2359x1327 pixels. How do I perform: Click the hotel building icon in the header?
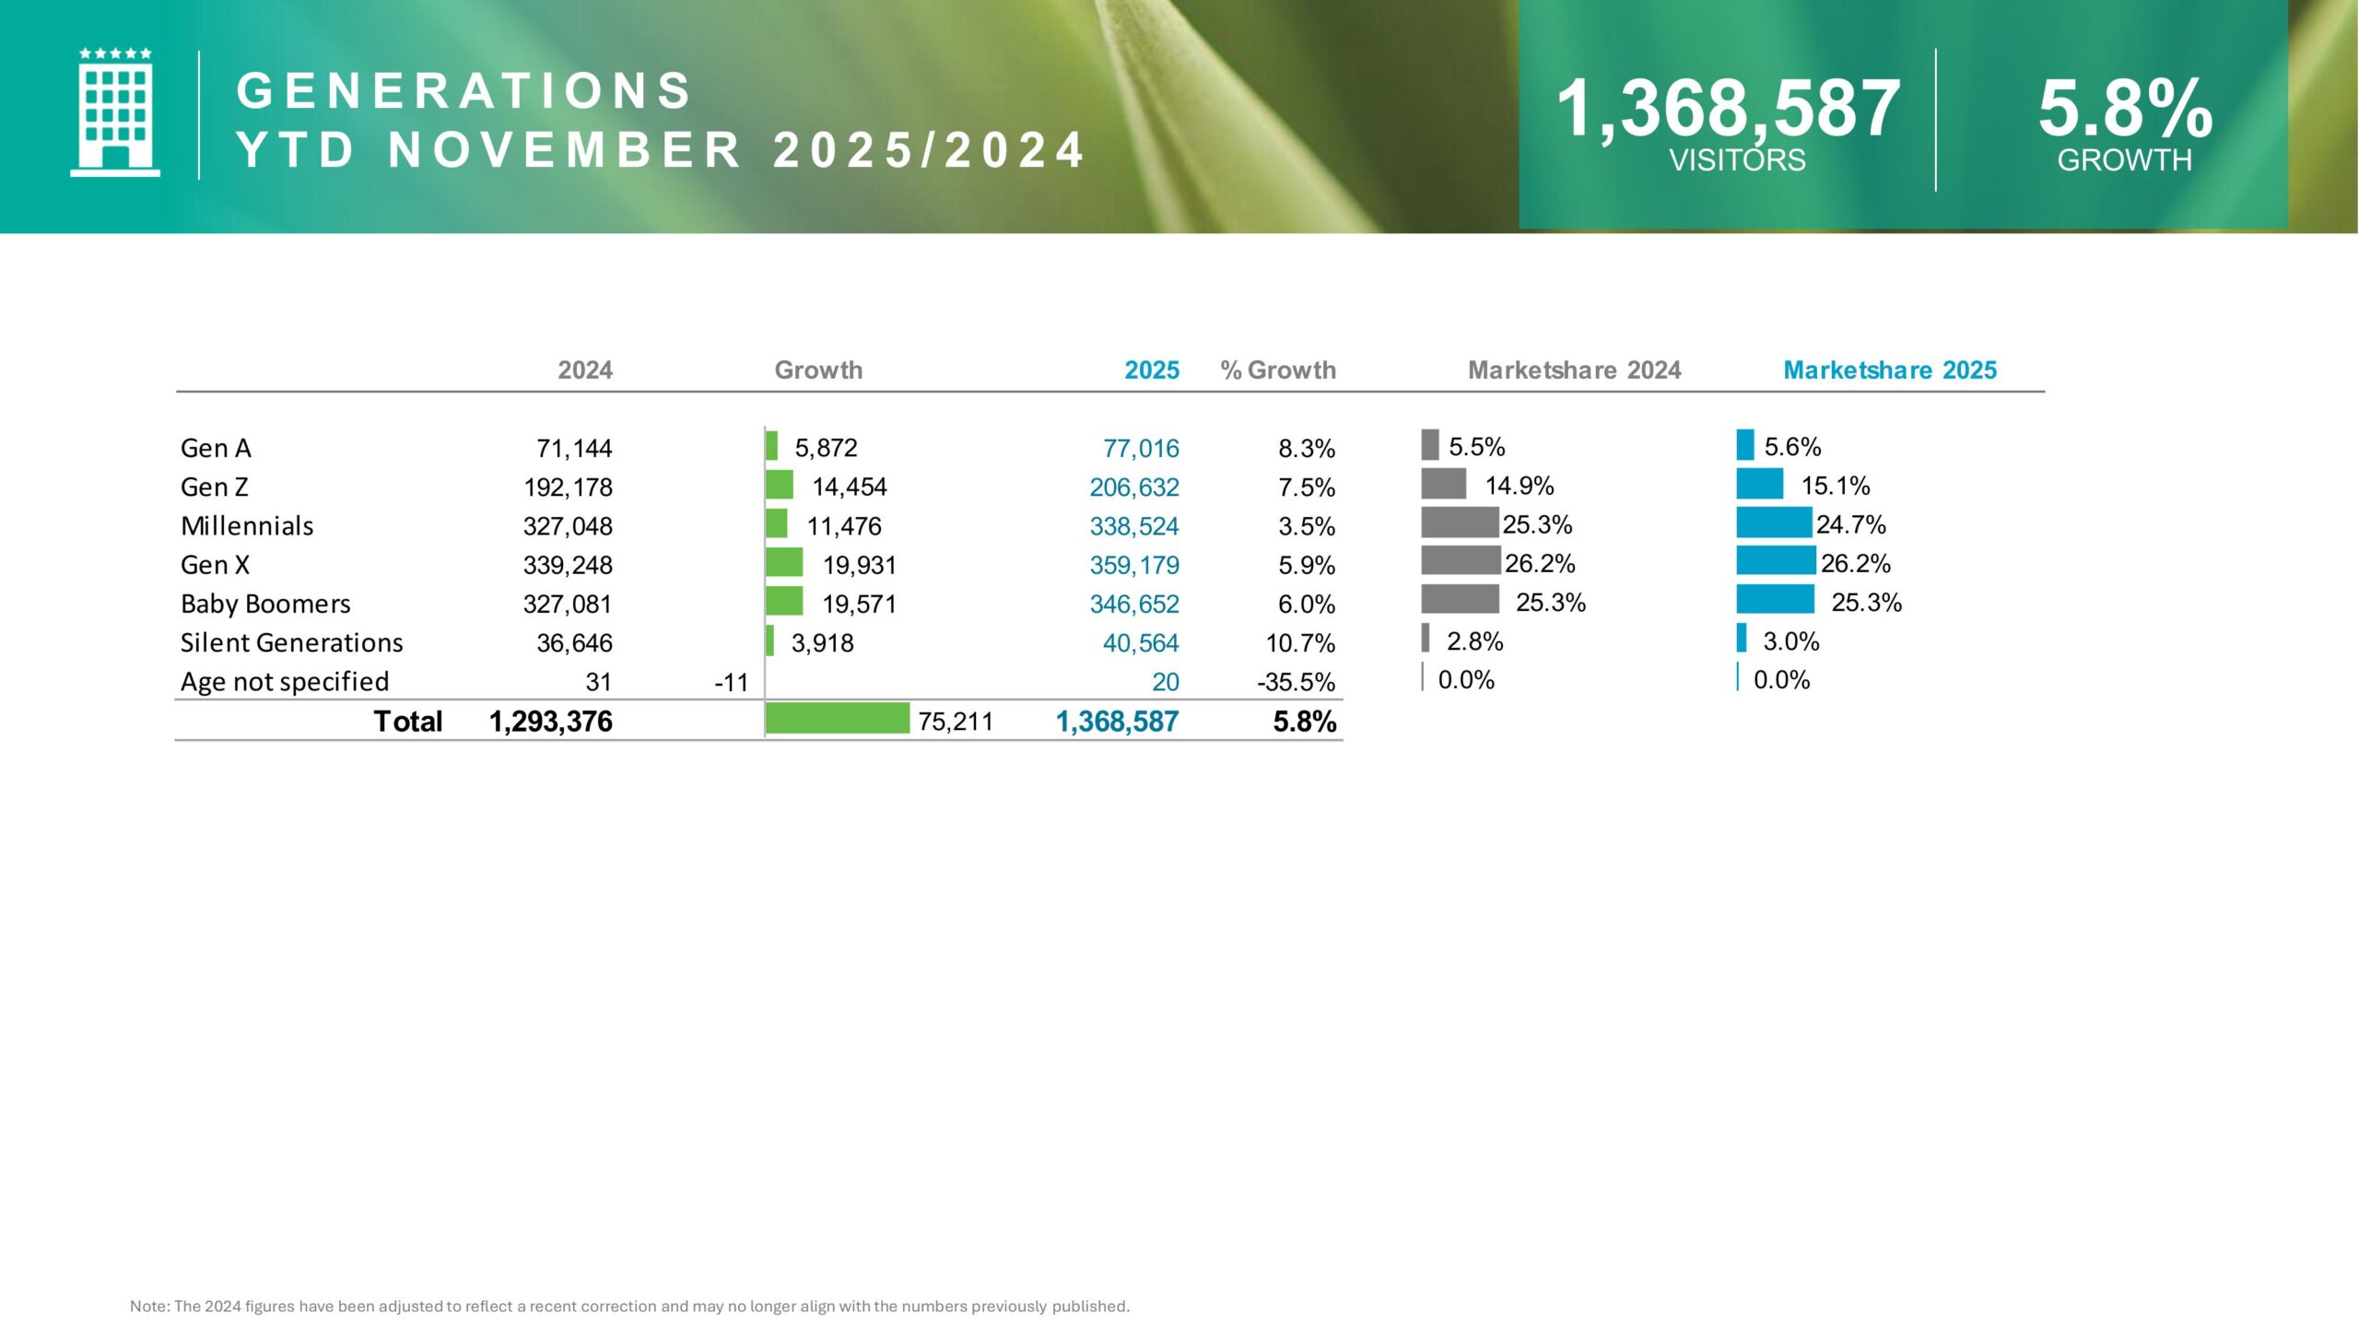pyautogui.click(x=115, y=112)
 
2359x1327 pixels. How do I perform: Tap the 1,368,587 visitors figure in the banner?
pyautogui.click(x=1728, y=109)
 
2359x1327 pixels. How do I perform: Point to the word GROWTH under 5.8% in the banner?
pyautogui.click(x=2124, y=160)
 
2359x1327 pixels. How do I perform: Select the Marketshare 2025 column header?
pyautogui.click(x=1889, y=370)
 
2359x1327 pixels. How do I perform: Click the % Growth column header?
pyautogui.click(x=1277, y=370)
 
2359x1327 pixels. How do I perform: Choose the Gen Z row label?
pyautogui.click(x=215, y=487)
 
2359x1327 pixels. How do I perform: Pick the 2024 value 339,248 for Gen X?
pyautogui.click(x=568, y=565)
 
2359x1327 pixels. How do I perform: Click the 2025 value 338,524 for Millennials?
pyautogui.click(x=1133, y=526)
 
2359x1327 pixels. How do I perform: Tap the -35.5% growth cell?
pyautogui.click(x=1296, y=682)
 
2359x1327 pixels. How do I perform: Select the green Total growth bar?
pyautogui.click(x=837, y=719)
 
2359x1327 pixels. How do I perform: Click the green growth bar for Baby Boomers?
pyautogui.click(x=784, y=601)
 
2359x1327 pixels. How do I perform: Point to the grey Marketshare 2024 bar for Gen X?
pyautogui.click(x=1461, y=560)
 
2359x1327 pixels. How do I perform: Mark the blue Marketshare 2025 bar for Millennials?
pyautogui.click(x=1774, y=523)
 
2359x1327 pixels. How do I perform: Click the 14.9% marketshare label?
pyautogui.click(x=1520, y=486)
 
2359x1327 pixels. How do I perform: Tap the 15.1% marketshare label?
pyautogui.click(x=1836, y=486)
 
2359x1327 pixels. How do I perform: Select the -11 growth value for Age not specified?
pyautogui.click(x=732, y=683)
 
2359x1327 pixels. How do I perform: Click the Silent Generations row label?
pyautogui.click(x=291, y=642)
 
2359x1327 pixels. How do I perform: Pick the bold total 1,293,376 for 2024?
pyautogui.click(x=550, y=722)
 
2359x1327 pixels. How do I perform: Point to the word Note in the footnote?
pyautogui.click(x=148, y=1306)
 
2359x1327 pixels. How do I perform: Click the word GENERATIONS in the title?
pyautogui.click(x=464, y=90)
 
